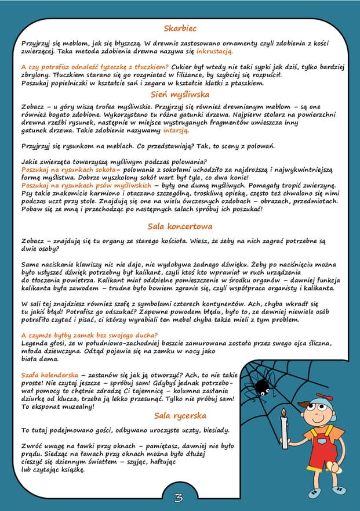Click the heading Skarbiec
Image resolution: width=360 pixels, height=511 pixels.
(180, 28)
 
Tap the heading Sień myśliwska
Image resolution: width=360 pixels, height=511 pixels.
(180, 94)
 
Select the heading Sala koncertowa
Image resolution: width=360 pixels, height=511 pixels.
(180, 226)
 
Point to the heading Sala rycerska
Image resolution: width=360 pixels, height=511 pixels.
(180, 416)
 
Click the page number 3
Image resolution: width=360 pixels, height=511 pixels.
(179, 497)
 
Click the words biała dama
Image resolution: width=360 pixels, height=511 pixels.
(37, 359)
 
